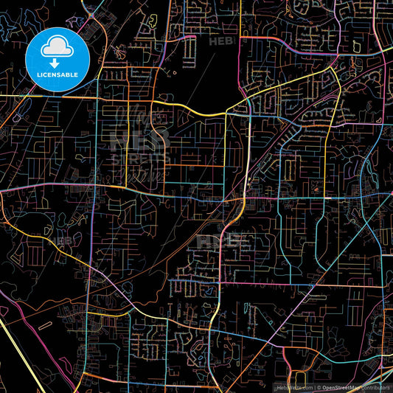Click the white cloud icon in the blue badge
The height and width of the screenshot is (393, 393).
(x=57, y=49)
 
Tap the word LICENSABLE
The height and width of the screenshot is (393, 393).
(x=57, y=74)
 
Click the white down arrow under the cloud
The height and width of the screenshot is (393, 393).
(x=57, y=61)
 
